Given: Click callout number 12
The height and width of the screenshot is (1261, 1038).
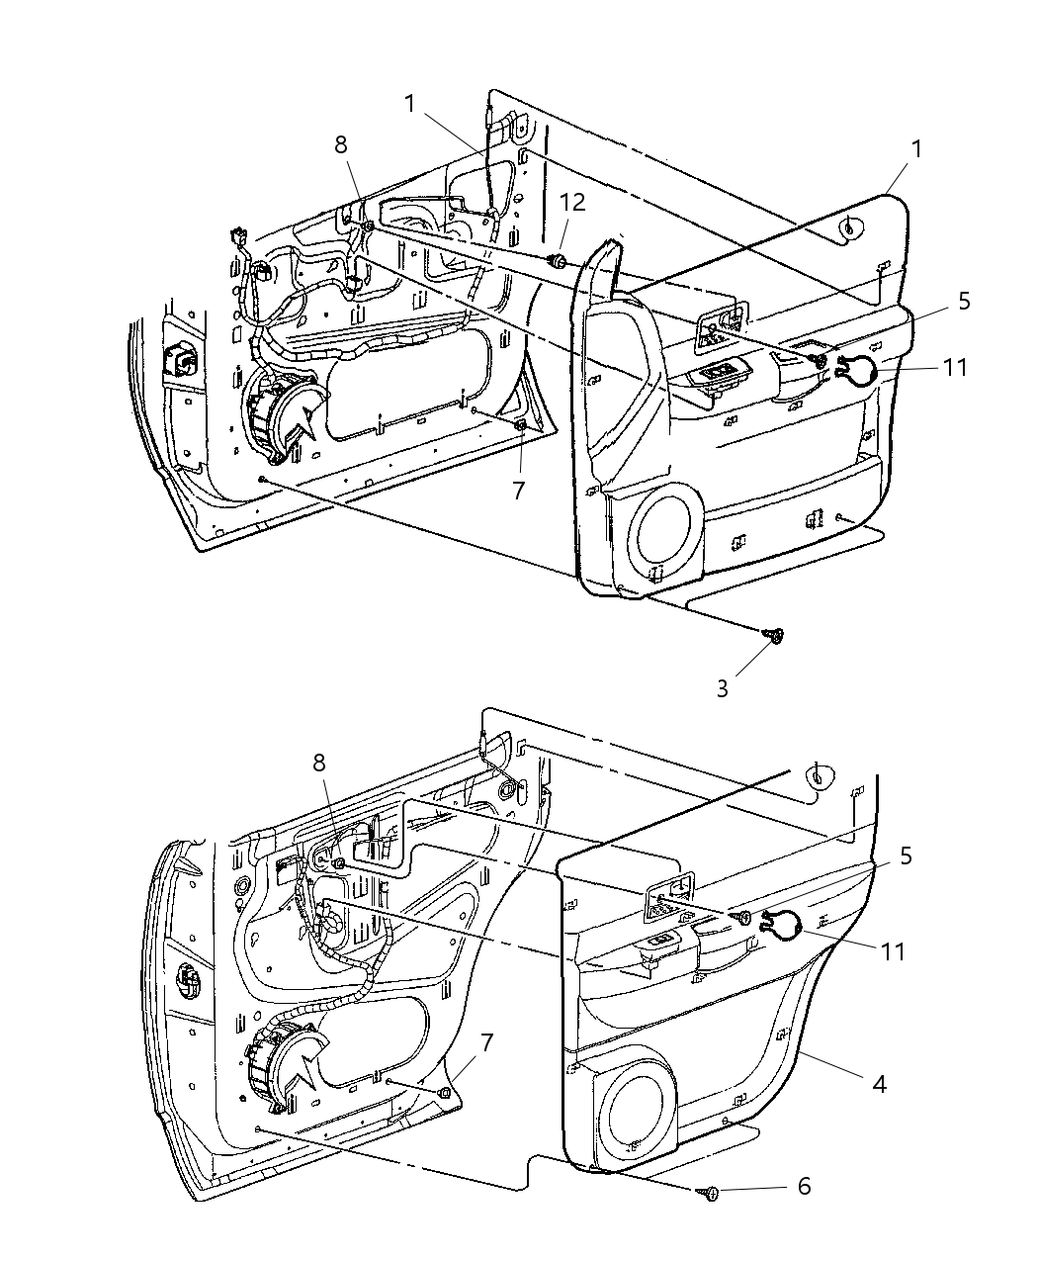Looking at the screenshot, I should pos(572,203).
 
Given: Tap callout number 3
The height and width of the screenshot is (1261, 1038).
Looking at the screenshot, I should pos(723,689).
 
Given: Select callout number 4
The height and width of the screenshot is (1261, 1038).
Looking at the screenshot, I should pos(876,1083).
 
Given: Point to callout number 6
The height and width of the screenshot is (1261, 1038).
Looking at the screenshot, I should pos(804,1186).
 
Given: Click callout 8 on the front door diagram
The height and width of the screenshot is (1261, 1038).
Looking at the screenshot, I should pos(341,144).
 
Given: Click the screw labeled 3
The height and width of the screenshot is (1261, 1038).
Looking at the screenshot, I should pos(774,635).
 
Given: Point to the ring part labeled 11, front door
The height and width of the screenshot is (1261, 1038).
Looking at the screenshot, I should pos(855,369).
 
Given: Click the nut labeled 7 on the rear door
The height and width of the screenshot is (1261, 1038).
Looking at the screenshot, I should pos(445,1093).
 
